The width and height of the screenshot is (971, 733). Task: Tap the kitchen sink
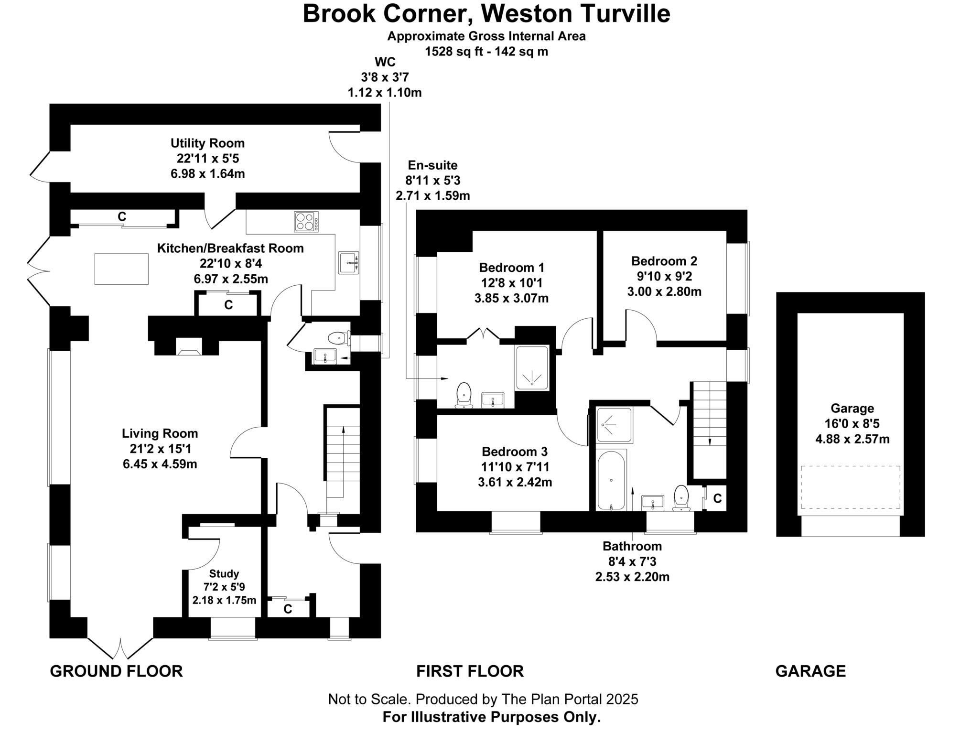coord(349,263)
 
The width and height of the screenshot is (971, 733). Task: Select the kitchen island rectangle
coord(121,269)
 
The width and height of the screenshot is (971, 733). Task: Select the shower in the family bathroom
coord(614,424)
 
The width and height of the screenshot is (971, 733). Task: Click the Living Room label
coord(160,433)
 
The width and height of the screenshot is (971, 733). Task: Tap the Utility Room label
coord(207,143)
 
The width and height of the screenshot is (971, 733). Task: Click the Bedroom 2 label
coord(664,261)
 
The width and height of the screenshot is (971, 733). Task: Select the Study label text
coord(224,573)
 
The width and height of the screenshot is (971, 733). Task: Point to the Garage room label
coord(852,408)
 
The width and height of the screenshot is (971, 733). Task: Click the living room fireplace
coord(189,347)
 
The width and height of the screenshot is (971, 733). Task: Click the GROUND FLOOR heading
coord(116,671)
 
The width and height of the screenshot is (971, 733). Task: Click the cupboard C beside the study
coord(288,609)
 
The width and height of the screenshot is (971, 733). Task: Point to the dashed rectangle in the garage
coord(850,487)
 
